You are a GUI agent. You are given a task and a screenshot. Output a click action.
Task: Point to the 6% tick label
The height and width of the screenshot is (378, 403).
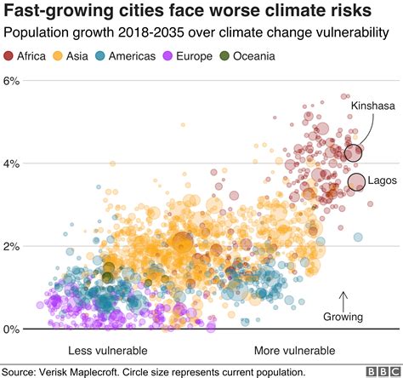coord(11,81)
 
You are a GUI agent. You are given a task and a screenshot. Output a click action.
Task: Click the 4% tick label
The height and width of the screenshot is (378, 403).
coord(11,163)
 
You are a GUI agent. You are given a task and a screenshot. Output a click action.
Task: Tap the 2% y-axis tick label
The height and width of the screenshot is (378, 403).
coord(11,246)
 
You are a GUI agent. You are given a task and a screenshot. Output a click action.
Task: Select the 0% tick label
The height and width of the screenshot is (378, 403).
coord(11,329)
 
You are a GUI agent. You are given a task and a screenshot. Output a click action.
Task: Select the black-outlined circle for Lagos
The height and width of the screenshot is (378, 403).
coord(356,181)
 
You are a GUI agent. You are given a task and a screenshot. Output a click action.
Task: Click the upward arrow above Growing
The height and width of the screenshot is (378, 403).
coord(343,300)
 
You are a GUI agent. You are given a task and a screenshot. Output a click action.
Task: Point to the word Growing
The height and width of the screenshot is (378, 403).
coord(343,317)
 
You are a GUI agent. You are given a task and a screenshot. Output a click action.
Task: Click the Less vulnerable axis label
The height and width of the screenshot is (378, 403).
coord(107,351)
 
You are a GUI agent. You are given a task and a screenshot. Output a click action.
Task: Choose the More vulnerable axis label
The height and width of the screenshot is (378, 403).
coord(295,351)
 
